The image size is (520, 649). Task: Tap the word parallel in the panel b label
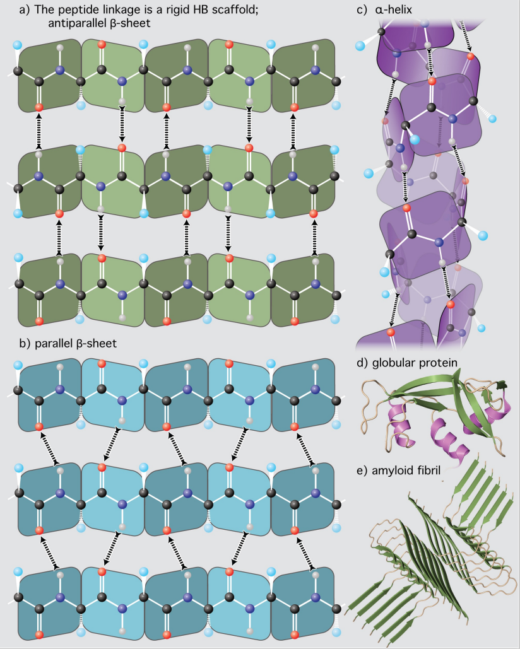coord(54,344)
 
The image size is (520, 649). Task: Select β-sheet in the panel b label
coord(97,344)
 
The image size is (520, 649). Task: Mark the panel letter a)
coord(25,10)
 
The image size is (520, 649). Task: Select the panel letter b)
coord(25,344)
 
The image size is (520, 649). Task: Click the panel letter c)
coord(362,10)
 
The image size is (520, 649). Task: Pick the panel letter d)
coord(362,363)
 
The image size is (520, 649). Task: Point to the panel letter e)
coord(362,471)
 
